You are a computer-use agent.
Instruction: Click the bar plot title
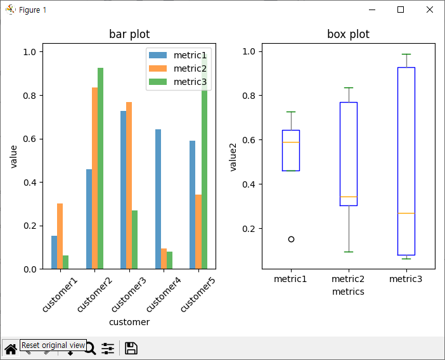[x=129, y=34]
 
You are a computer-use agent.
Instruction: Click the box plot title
[x=348, y=34]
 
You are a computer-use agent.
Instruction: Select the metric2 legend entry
[x=177, y=68]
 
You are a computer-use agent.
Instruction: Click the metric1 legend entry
[x=177, y=55]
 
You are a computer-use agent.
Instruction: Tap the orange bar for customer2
[x=94, y=178]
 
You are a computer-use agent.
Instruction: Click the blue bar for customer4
[x=158, y=199]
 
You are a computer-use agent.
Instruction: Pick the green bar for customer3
[x=134, y=240]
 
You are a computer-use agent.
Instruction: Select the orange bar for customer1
[x=60, y=236]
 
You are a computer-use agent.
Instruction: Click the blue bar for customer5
[x=193, y=205]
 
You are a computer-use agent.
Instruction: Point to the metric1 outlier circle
[x=291, y=239]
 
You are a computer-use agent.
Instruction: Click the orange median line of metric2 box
[x=349, y=196]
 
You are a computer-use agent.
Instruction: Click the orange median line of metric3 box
[x=406, y=213]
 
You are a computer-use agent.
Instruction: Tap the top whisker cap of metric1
[x=291, y=112]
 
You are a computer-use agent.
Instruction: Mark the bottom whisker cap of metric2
[x=349, y=252]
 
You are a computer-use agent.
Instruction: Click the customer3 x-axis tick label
[x=129, y=295]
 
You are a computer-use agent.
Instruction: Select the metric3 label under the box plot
[x=406, y=279]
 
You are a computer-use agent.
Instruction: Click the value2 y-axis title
[x=233, y=157]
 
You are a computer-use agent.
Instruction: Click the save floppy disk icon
[x=131, y=349]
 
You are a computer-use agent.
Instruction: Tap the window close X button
[x=430, y=10]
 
